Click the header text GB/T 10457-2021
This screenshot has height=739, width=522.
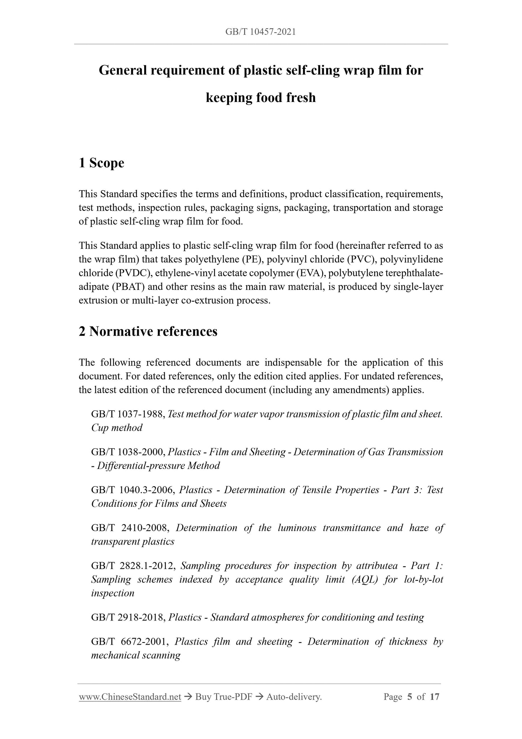click(x=260, y=32)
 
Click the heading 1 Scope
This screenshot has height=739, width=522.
click(x=101, y=163)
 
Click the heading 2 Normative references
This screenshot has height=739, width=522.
click(x=148, y=332)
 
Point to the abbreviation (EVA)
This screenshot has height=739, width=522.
click(x=311, y=273)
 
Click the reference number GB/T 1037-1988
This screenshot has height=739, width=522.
click(x=128, y=414)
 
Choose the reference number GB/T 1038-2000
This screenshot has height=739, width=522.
click(x=128, y=452)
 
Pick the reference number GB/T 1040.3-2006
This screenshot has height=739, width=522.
click(x=133, y=490)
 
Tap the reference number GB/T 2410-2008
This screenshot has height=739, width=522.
click(x=130, y=528)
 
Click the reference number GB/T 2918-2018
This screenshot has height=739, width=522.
click(x=128, y=617)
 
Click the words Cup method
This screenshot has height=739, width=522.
click(x=116, y=428)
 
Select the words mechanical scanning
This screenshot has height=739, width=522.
click(x=135, y=655)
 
